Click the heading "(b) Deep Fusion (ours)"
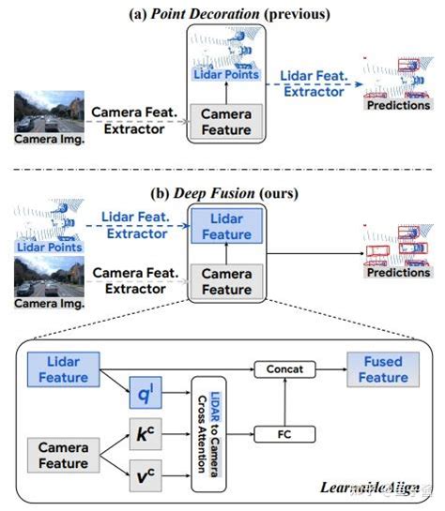coord(222,193)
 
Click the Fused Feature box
coord(381,369)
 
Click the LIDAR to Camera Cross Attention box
coord(209,434)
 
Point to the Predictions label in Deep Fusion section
coord(398,273)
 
